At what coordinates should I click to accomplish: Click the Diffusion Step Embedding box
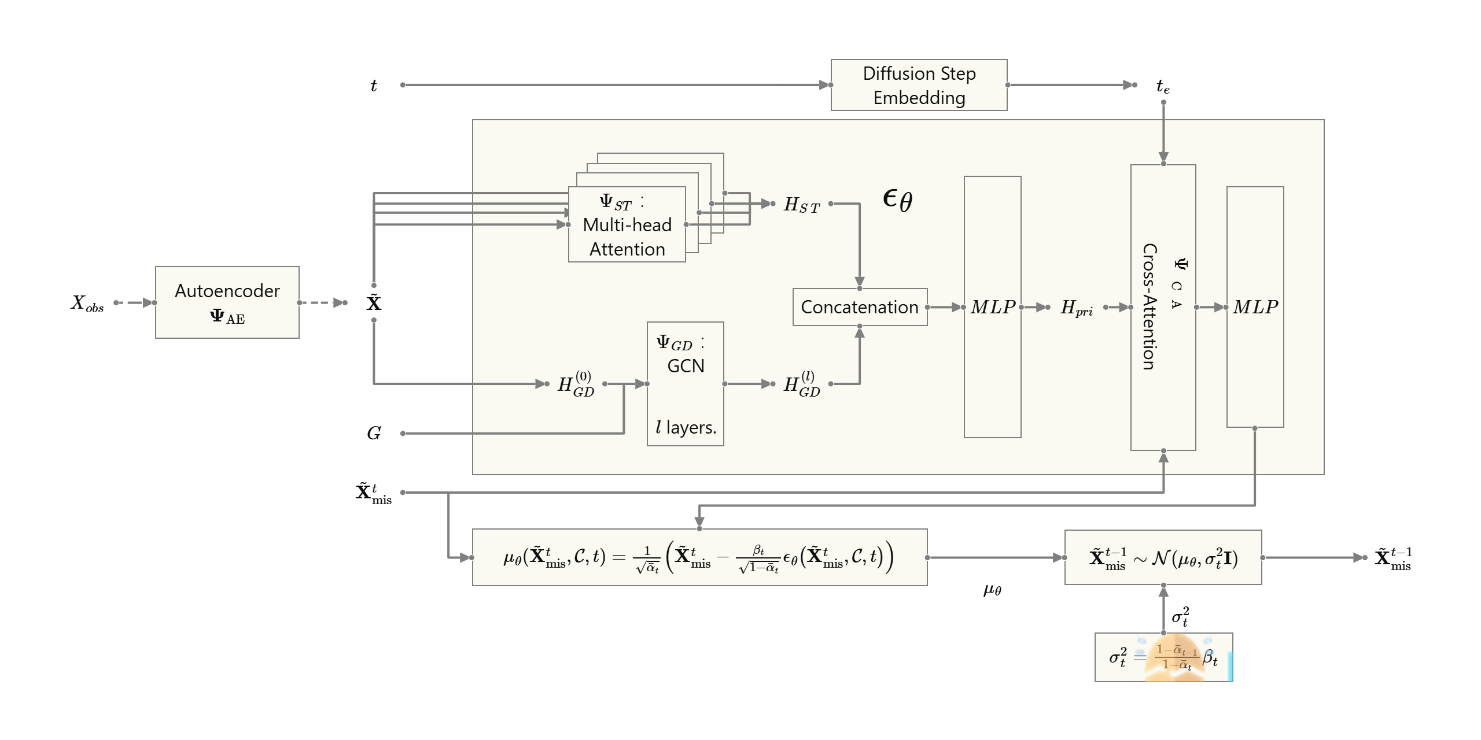(919, 85)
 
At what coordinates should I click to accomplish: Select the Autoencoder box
(227, 302)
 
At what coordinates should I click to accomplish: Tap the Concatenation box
(860, 307)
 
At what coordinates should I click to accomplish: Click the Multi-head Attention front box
(627, 224)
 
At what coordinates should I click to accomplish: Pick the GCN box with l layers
(686, 384)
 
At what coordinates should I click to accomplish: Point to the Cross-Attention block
(1163, 308)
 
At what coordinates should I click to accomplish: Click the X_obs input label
(87, 303)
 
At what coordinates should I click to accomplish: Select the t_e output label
(1163, 87)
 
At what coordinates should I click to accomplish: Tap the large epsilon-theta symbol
(897, 200)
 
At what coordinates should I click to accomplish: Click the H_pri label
(1077, 308)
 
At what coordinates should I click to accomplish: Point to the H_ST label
(802, 205)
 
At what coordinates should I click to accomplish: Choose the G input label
(374, 433)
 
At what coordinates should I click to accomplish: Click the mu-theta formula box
(700, 557)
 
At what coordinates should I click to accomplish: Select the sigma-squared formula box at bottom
(1164, 657)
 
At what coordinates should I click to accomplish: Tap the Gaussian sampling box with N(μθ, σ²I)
(1163, 557)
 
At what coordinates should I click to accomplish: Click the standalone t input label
(374, 86)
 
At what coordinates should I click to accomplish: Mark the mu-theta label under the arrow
(992, 590)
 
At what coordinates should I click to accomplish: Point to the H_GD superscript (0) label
(576, 384)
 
